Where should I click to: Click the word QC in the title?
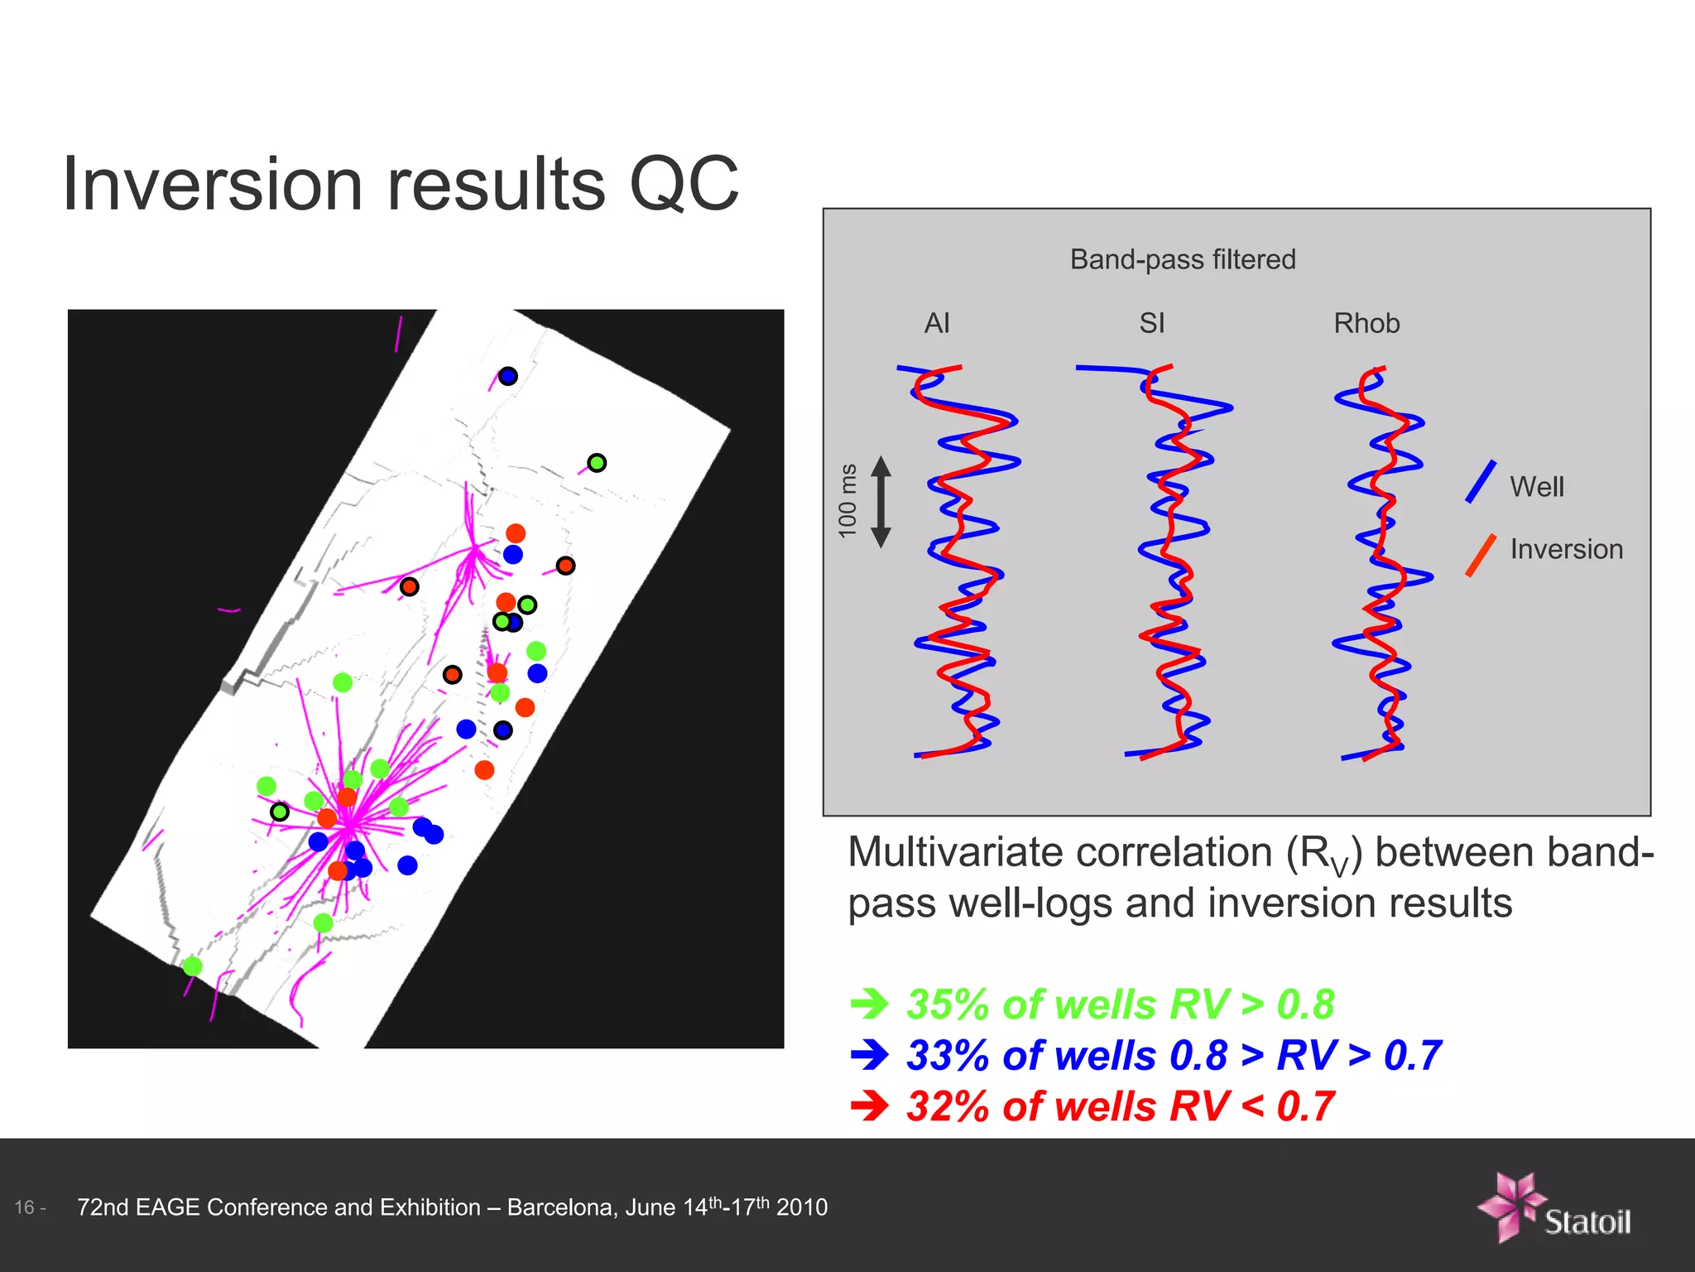[684, 184]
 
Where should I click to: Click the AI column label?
[936, 323]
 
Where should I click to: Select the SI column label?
[1151, 323]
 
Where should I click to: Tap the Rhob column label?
[1366, 323]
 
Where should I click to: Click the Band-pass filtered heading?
[1182, 259]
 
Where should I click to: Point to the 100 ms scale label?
[847, 501]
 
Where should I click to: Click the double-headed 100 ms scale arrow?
[881, 502]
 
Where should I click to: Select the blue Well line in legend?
[1480, 482]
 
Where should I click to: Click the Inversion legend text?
[1566, 549]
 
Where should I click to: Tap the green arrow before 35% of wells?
[870, 1005]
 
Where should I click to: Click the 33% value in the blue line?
[949, 1056]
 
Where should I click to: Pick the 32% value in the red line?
[949, 1106]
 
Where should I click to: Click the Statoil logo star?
[1510, 1206]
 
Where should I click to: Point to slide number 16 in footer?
[25, 1207]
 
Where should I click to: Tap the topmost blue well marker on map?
[507, 376]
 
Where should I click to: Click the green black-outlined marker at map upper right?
[597, 463]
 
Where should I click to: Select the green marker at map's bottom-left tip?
[192, 966]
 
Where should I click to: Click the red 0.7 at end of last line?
[1305, 1106]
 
